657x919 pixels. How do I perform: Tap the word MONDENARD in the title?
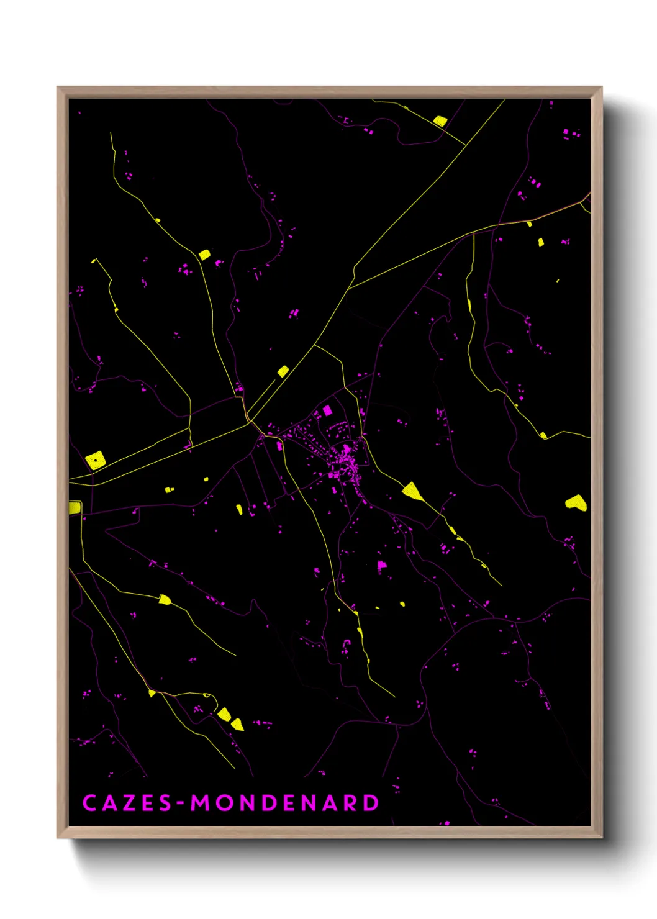coord(284,803)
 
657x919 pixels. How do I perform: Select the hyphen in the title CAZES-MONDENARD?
coord(181,804)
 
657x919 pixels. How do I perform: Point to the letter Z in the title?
coord(129,803)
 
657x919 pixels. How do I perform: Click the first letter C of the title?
coord(89,803)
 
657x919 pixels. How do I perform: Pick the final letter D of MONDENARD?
coord(371,803)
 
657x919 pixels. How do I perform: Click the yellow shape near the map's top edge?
coord(440,121)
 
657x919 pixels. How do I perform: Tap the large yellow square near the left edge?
coord(96,460)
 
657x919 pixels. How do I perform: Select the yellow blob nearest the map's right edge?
coord(576,502)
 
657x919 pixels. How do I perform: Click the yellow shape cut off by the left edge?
coord(75,507)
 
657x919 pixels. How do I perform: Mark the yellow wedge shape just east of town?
coord(412,492)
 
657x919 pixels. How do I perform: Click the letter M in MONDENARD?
coord(201,803)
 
